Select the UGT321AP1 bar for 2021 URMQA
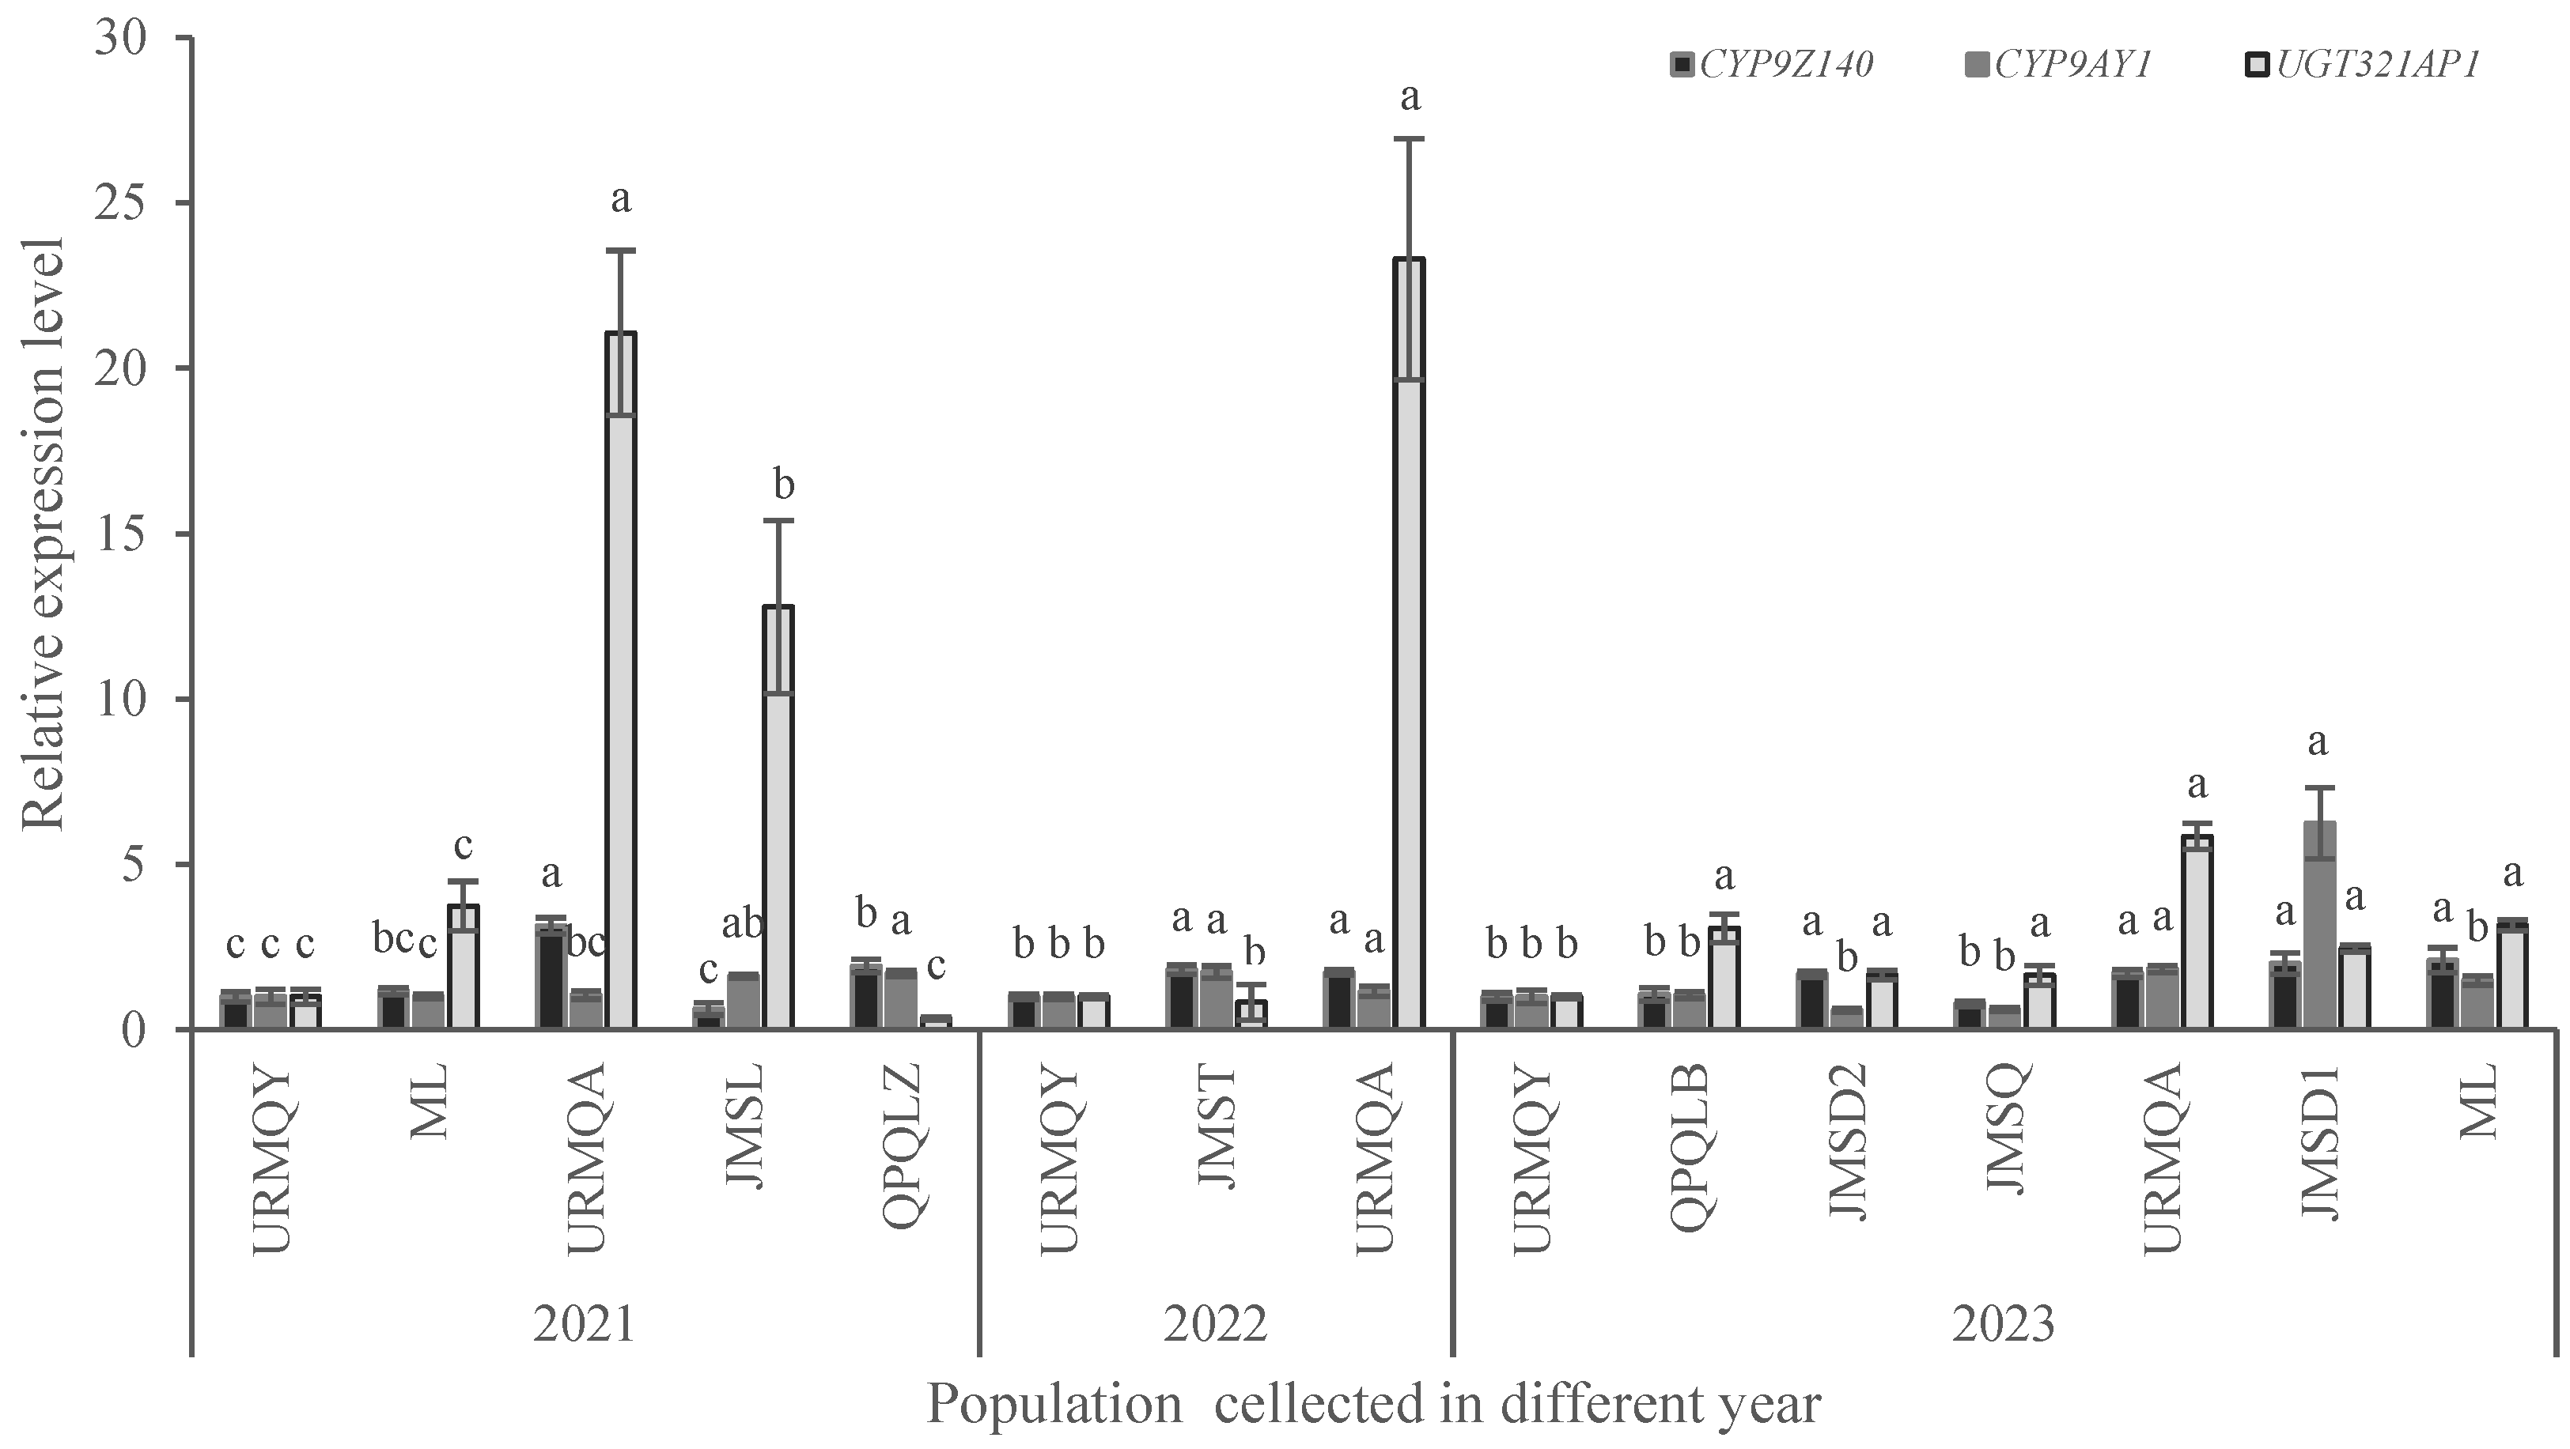click(x=621, y=678)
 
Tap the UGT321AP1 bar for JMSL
click(x=778, y=817)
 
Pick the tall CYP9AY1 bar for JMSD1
click(x=2319, y=927)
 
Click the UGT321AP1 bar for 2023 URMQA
click(x=2196, y=933)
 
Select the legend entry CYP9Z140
click(x=1786, y=64)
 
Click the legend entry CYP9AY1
click(x=2071, y=64)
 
